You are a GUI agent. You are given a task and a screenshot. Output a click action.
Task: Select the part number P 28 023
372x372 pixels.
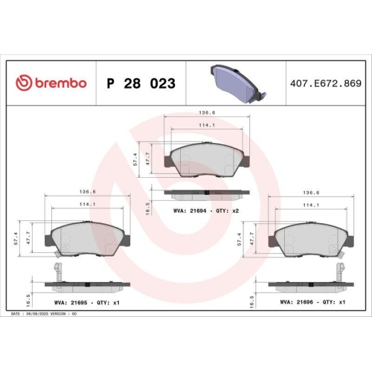[141, 83]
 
